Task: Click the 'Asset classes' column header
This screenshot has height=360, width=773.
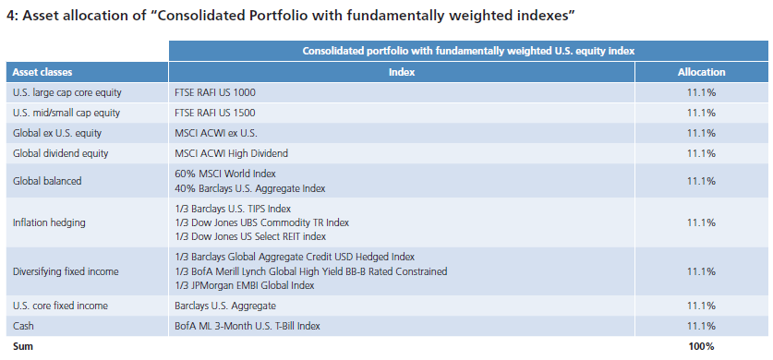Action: [42, 72]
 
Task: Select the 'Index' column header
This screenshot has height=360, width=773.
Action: [402, 72]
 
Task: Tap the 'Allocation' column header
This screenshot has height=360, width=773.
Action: [701, 72]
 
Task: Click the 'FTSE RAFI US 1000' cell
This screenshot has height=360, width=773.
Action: [215, 92]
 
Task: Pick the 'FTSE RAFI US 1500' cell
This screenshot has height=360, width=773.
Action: [215, 113]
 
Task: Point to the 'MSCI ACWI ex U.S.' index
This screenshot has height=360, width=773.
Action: [216, 133]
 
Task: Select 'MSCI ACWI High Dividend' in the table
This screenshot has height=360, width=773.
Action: [231, 153]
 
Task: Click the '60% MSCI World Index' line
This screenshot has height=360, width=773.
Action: [224, 174]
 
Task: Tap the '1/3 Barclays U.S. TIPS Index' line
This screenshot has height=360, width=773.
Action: [233, 209]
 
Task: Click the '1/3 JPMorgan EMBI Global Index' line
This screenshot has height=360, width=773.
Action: [245, 285]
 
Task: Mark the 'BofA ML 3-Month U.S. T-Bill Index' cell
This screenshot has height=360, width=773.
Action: [248, 326]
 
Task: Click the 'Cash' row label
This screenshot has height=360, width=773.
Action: [23, 326]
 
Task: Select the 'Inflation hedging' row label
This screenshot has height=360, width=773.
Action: [49, 222]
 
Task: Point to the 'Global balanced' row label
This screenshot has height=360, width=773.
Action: [47, 181]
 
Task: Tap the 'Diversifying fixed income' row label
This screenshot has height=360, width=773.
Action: [66, 271]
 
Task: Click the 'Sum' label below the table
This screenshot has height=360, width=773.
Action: [23, 346]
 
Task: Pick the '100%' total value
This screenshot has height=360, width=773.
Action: [701, 346]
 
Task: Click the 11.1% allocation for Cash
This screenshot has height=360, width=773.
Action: [701, 326]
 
